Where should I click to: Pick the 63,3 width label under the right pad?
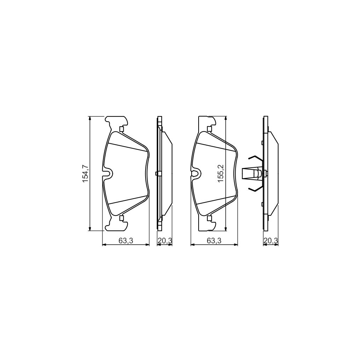pos(214,240)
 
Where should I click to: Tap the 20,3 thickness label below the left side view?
pos(165,240)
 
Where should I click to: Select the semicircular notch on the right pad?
pos(196,173)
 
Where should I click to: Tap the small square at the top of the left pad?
pos(122,129)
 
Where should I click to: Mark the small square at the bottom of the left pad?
pos(122,218)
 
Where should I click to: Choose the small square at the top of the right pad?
pos(210,129)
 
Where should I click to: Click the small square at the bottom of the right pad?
pos(210,218)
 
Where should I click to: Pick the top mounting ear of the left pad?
pos(116,122)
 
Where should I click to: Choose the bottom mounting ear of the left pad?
pos(116,225)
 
